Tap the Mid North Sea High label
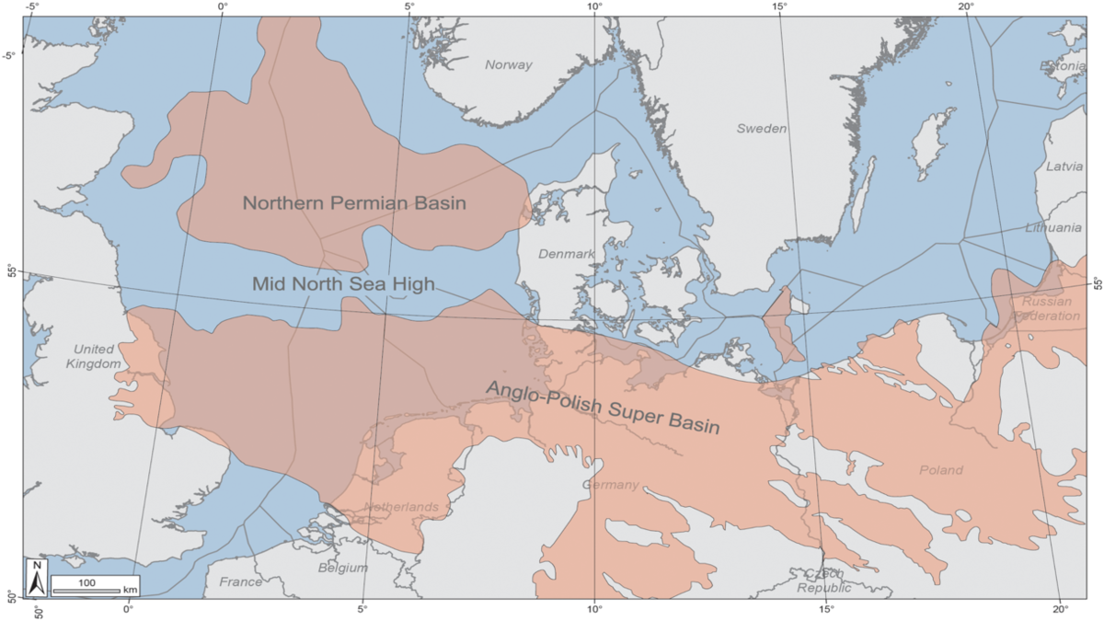pos(342,284)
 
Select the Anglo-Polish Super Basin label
pos(603,408)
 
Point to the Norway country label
pos(509,65)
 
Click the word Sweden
pos(762,129)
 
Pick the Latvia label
pos(1064,167)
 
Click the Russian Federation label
pos(1047,308)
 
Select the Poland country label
pos(941,470)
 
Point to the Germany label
pos(610,485)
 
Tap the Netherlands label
pos(400,507)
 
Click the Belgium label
pos(343,568)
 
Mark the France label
pos(240,581)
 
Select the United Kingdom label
pos(92,357)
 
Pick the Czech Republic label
pos(824,581)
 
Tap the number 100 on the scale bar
pos(86,582)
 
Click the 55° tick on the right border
pos(1095,283)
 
